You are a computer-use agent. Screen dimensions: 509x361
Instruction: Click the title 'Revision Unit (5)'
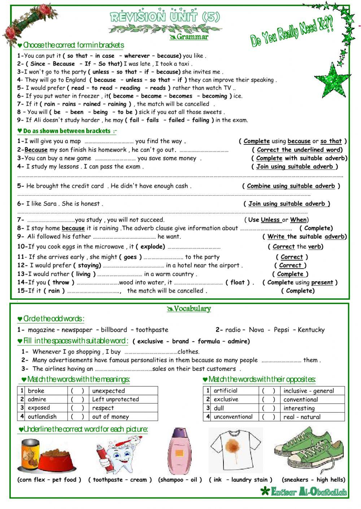(x=165, y=17)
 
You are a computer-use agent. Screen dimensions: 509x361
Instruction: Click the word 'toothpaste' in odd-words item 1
(x=152, y=330)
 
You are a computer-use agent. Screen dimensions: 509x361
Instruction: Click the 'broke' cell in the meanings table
(x=36, y=391)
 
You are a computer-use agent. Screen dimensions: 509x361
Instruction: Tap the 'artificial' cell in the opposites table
(x=226, y=391)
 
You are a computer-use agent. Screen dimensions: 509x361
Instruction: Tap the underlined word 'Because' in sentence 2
(x=36, y=150)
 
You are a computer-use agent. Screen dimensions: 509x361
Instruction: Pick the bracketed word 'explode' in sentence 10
(x=153, y=247)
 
